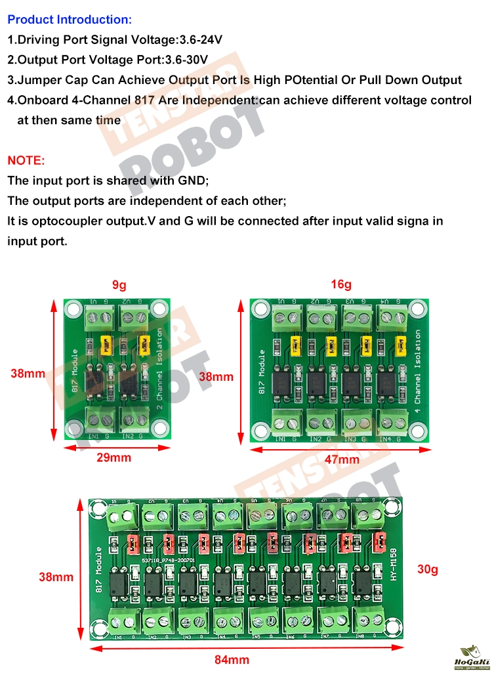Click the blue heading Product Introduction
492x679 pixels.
click(69, 20)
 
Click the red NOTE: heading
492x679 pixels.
click(26, 160)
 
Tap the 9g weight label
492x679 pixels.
click(119, 285)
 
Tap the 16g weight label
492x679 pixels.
click(341, 284)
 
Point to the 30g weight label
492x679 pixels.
click(428, 569)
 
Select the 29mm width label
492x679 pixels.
click(113, 458)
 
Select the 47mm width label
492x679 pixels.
click(342, 460)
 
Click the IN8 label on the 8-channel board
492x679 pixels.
click(359, 636)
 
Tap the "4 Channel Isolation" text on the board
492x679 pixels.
click(417, 371)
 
